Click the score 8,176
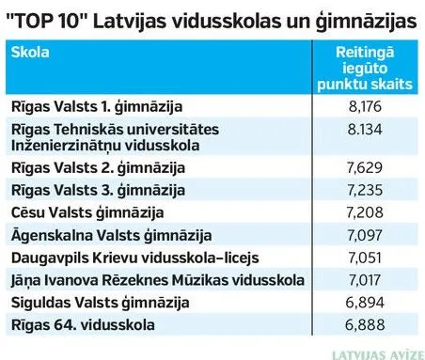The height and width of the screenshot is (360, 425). click(365, 106)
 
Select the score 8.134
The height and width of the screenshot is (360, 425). click(365, 129)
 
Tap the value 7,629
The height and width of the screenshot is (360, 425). click(365, 167)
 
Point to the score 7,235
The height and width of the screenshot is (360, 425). click(365, 190)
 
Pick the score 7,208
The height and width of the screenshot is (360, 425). click(365, 212)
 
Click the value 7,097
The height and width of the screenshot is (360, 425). click(365, 235)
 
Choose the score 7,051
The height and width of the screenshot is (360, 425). click(365, 258)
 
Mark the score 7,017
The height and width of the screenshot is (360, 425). click(365, 280)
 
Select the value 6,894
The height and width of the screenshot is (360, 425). click(365, 303)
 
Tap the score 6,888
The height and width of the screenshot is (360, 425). click(365, 325)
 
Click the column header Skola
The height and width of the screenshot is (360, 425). click(30, 53)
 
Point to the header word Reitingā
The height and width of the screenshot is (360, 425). click(365, 53)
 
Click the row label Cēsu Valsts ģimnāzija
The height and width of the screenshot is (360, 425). click(87, 213)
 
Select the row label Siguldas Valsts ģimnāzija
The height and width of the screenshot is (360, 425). click(100, 303)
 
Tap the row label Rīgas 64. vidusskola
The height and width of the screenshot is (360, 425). click(83, 325)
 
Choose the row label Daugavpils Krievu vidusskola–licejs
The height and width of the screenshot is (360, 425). click(135, 258)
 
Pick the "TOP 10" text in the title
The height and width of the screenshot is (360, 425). click(47, 22)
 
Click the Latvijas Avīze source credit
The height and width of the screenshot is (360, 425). click(378, 355)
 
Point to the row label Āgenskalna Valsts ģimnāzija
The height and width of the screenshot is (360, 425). click(111, 236)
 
